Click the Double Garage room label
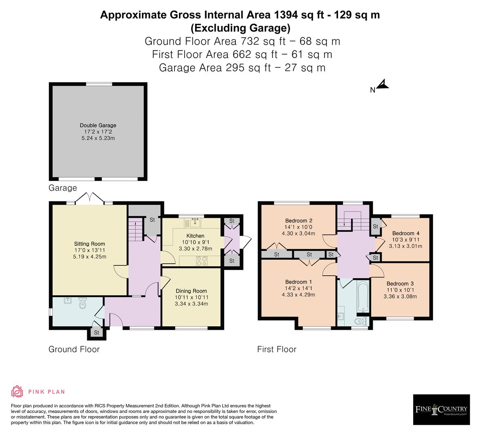(x=98, y=126)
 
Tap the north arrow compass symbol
(x=382, y=85)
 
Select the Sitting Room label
(x=89, y=244)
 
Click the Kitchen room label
(x=195, y=236)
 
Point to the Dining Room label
(x=191, y=291)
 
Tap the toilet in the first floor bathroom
(x=360, y=321)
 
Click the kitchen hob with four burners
(x=202, y=261)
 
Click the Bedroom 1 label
(x=298, y=282)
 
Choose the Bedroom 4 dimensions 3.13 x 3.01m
(x=405, y=246)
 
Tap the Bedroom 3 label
(x=400, y=283)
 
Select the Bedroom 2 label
(x=298, y=220)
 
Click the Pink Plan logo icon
(x=17, y=392)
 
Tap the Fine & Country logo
(x=441, y=409)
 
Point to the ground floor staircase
(x=135, y=229)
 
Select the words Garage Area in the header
(x=190, y=67)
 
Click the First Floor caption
(x=277, y=349)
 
